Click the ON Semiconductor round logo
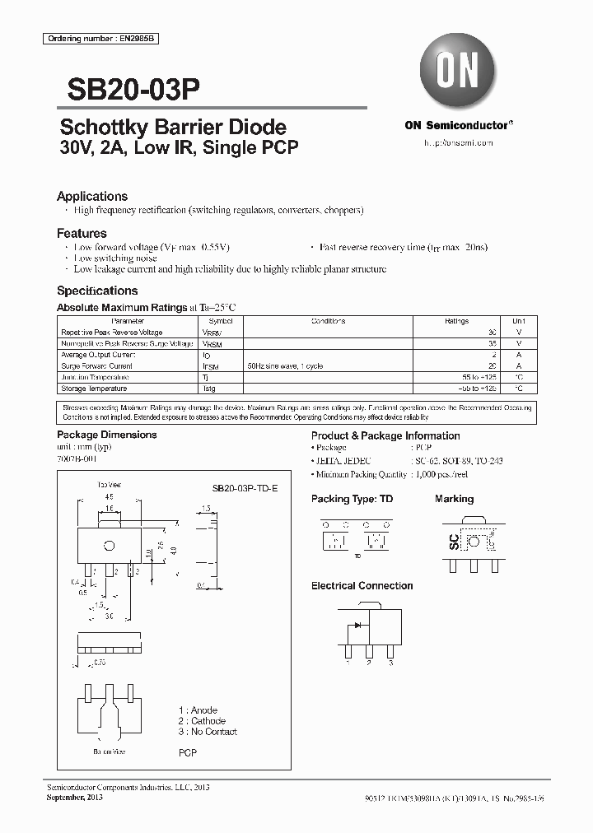click(x=457, y=72)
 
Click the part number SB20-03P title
click(x=128, y=90)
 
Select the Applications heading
click(x=91, y=197)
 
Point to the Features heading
click(x=82, y=234)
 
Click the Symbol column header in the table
click(x=221, y=321)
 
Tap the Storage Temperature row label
click(x=94, y=389)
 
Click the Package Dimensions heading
click(x=106, y=435)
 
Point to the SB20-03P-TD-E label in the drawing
click(x=239, y=488)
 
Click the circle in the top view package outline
click(x=108, y=546)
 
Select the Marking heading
click(x=454, y=499)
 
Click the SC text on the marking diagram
click(x=453, y=541)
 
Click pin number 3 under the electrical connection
click(x=390, y=663)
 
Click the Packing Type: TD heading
click(x=352, y=499)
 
